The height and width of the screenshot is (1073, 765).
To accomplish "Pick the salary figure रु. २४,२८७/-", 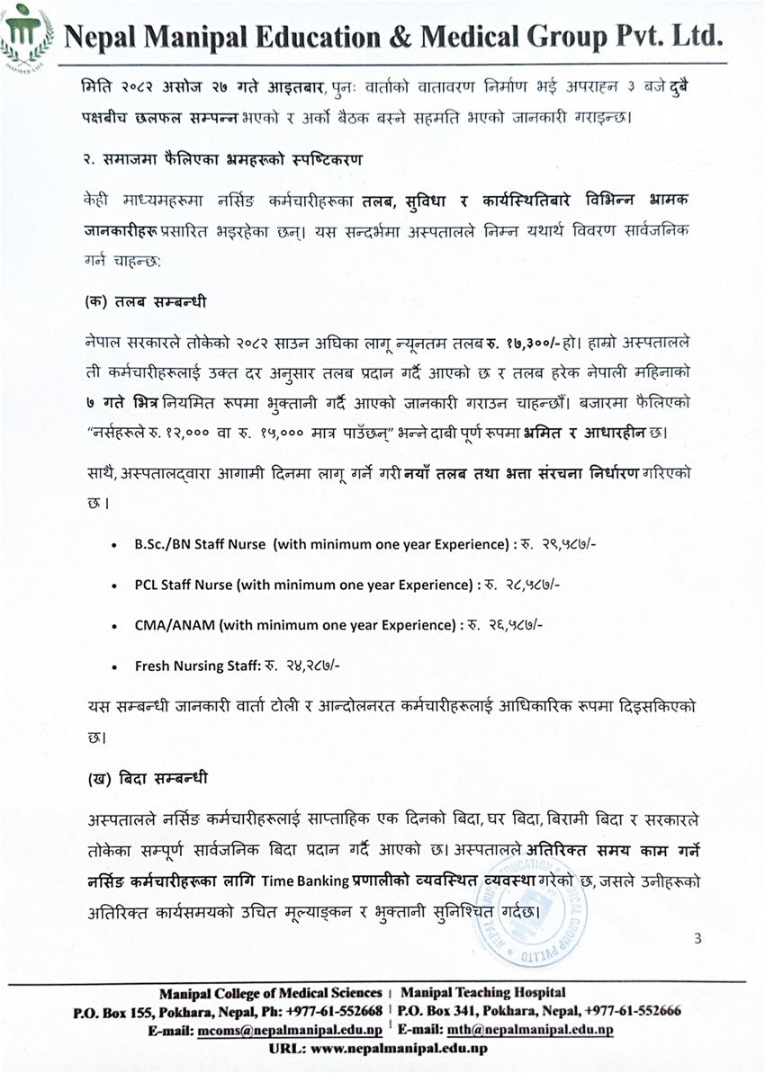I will (x=301, y=666).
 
